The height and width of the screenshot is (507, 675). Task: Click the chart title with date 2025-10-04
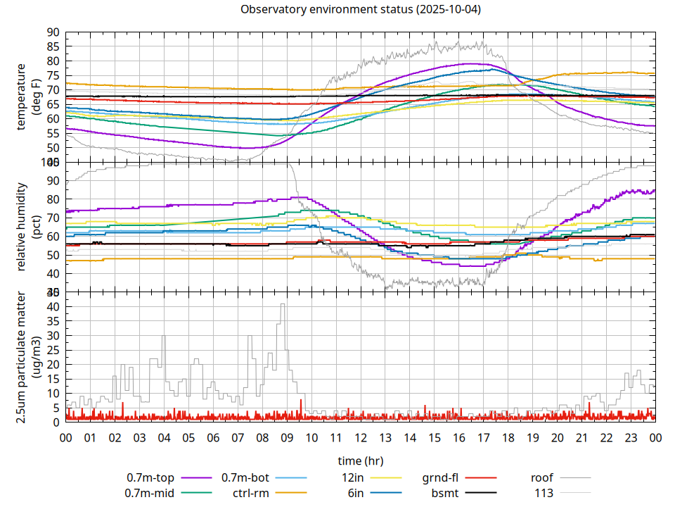point(361,10)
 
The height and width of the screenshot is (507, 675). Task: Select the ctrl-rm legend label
point(251,493)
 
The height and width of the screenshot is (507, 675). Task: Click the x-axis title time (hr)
point(361,461)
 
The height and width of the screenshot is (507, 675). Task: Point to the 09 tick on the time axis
point(287,438)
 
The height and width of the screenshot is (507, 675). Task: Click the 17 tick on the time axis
point(484,438)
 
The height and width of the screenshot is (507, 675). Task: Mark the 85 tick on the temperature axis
point(53,46)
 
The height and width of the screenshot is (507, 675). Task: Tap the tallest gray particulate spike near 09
point(283,304)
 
